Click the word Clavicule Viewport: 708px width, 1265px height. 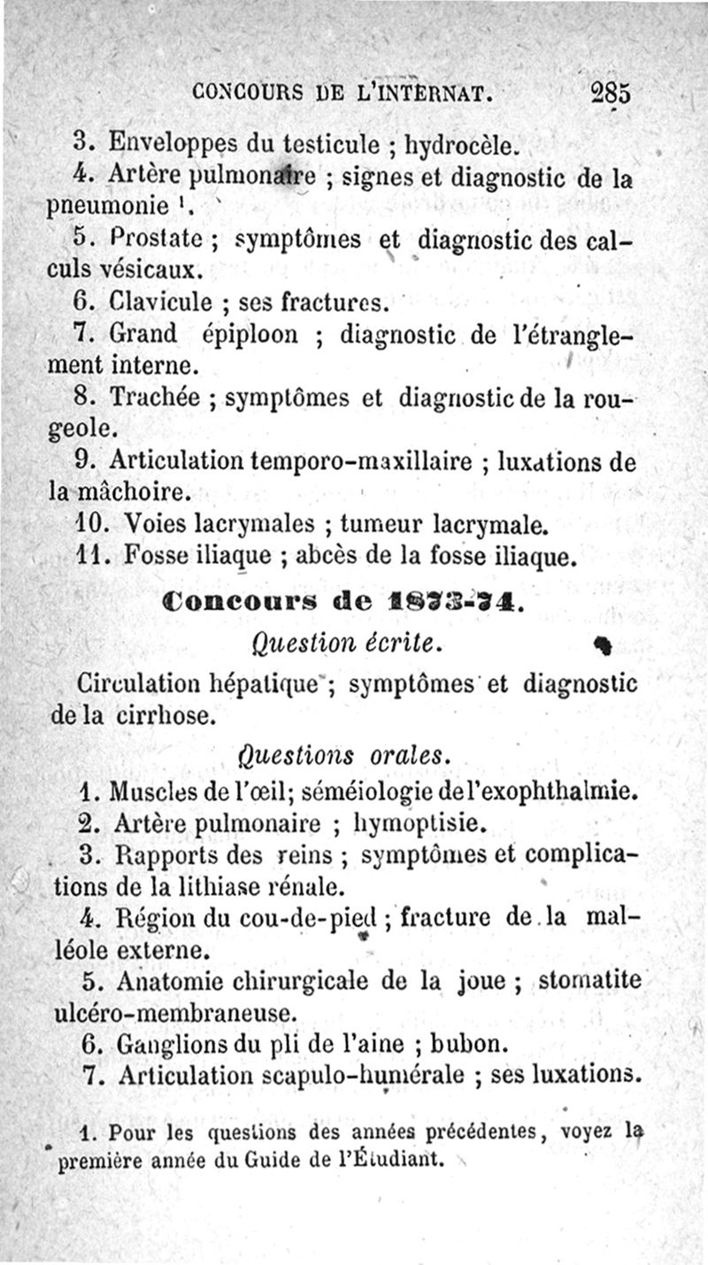tap(160, 302)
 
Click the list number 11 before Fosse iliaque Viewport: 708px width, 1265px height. tap(91, 557)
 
